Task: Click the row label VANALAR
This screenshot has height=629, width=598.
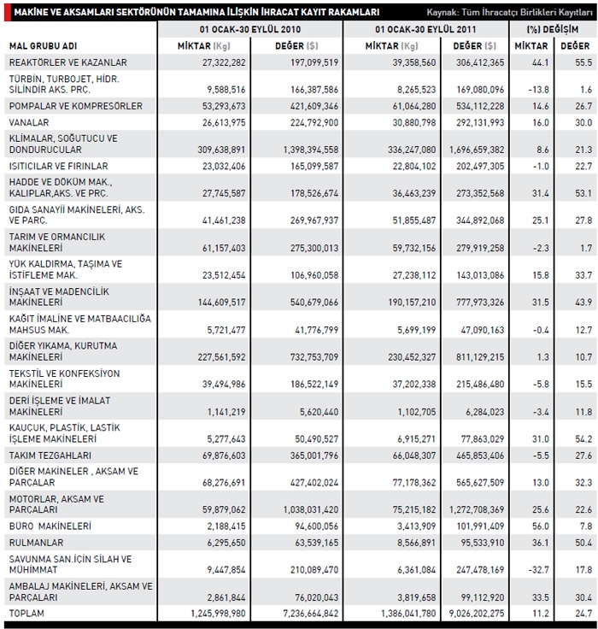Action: pos(27,123)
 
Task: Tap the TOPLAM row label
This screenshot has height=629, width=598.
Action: pos(26,614)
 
